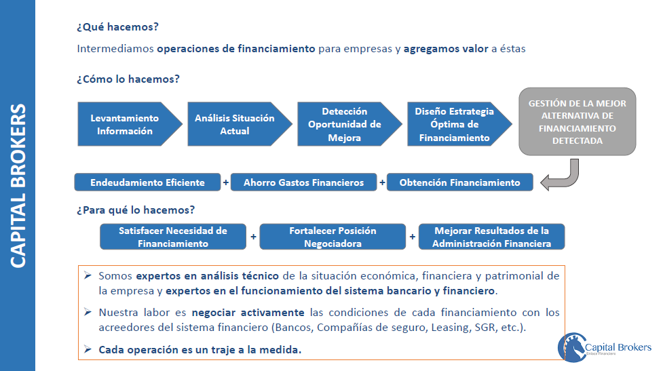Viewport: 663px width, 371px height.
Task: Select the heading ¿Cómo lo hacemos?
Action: pyautogui.click(x=128, y=79)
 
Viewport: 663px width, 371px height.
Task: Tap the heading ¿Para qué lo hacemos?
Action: pyautogui.click(x=136, y=210)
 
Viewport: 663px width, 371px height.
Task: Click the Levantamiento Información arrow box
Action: pyautogui.click(x=126, y=124)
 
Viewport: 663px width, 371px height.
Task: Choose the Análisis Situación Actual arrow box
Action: pyautogui.click(x=234, y=124)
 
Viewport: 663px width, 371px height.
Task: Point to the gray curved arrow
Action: pyautogui.click(x=563, y=178)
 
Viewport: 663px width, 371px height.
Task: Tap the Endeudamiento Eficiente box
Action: pyautogui.click(x=147, y=182)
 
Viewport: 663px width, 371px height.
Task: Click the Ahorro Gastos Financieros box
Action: pyautogui.click(x=303, y=182)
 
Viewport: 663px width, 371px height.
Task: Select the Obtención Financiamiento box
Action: pyautogui.click(x=459, y=182)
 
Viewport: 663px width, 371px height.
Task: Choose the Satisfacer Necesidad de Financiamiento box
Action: pyautogui.click(x=172, y=237)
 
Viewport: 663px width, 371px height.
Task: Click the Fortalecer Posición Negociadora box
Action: pyautogui.click(x=333, y=237)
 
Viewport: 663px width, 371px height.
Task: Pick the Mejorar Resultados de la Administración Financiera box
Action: pyautogui.click(x=491, y=237)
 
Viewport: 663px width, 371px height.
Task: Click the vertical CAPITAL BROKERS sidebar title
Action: pyautogui.click(x=18, y=185)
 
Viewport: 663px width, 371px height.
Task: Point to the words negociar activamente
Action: pyautogui.click(x=248, y=313)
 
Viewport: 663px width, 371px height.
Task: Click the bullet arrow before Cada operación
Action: pyautogui.click(x=88, y=349)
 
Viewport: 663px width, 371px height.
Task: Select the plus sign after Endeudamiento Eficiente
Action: pyautogui.click(x=226, y=182)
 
